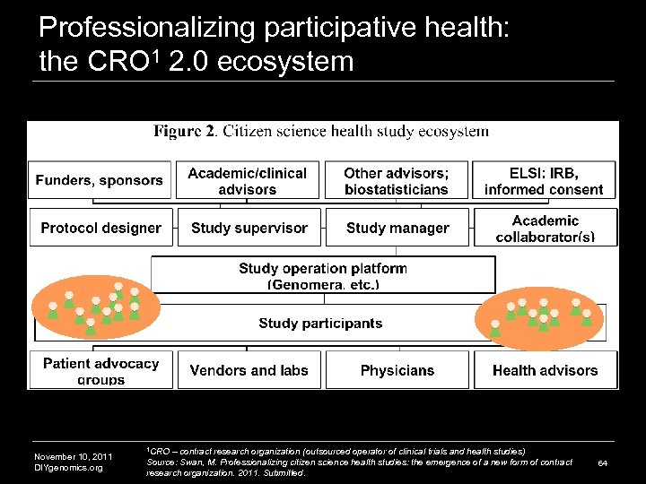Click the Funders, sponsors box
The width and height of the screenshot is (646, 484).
coord(100,180)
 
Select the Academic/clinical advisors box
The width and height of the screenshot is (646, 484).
coord(248,180)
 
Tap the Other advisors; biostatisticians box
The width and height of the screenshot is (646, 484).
coord(396,180)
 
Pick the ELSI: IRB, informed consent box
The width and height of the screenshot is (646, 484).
coord(544,180)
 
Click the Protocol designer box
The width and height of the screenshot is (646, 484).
coord(100,228)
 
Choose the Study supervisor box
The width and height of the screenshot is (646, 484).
coord(249,228)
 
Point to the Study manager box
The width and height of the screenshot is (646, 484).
coord(397,228)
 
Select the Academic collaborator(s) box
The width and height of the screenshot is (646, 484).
coord(546,228)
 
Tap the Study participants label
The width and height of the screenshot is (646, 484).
coord(320,324)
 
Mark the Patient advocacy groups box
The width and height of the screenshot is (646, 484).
coord(100,370)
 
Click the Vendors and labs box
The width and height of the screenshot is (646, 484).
coord(249,370)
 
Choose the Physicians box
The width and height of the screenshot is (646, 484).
coord(397,370)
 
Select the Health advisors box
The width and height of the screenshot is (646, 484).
coord(545,370)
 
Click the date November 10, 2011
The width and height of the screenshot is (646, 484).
coord(73,457)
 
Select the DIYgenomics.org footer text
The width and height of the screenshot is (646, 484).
coord(68,468)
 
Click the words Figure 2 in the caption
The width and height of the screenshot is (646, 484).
coord(184,132)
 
